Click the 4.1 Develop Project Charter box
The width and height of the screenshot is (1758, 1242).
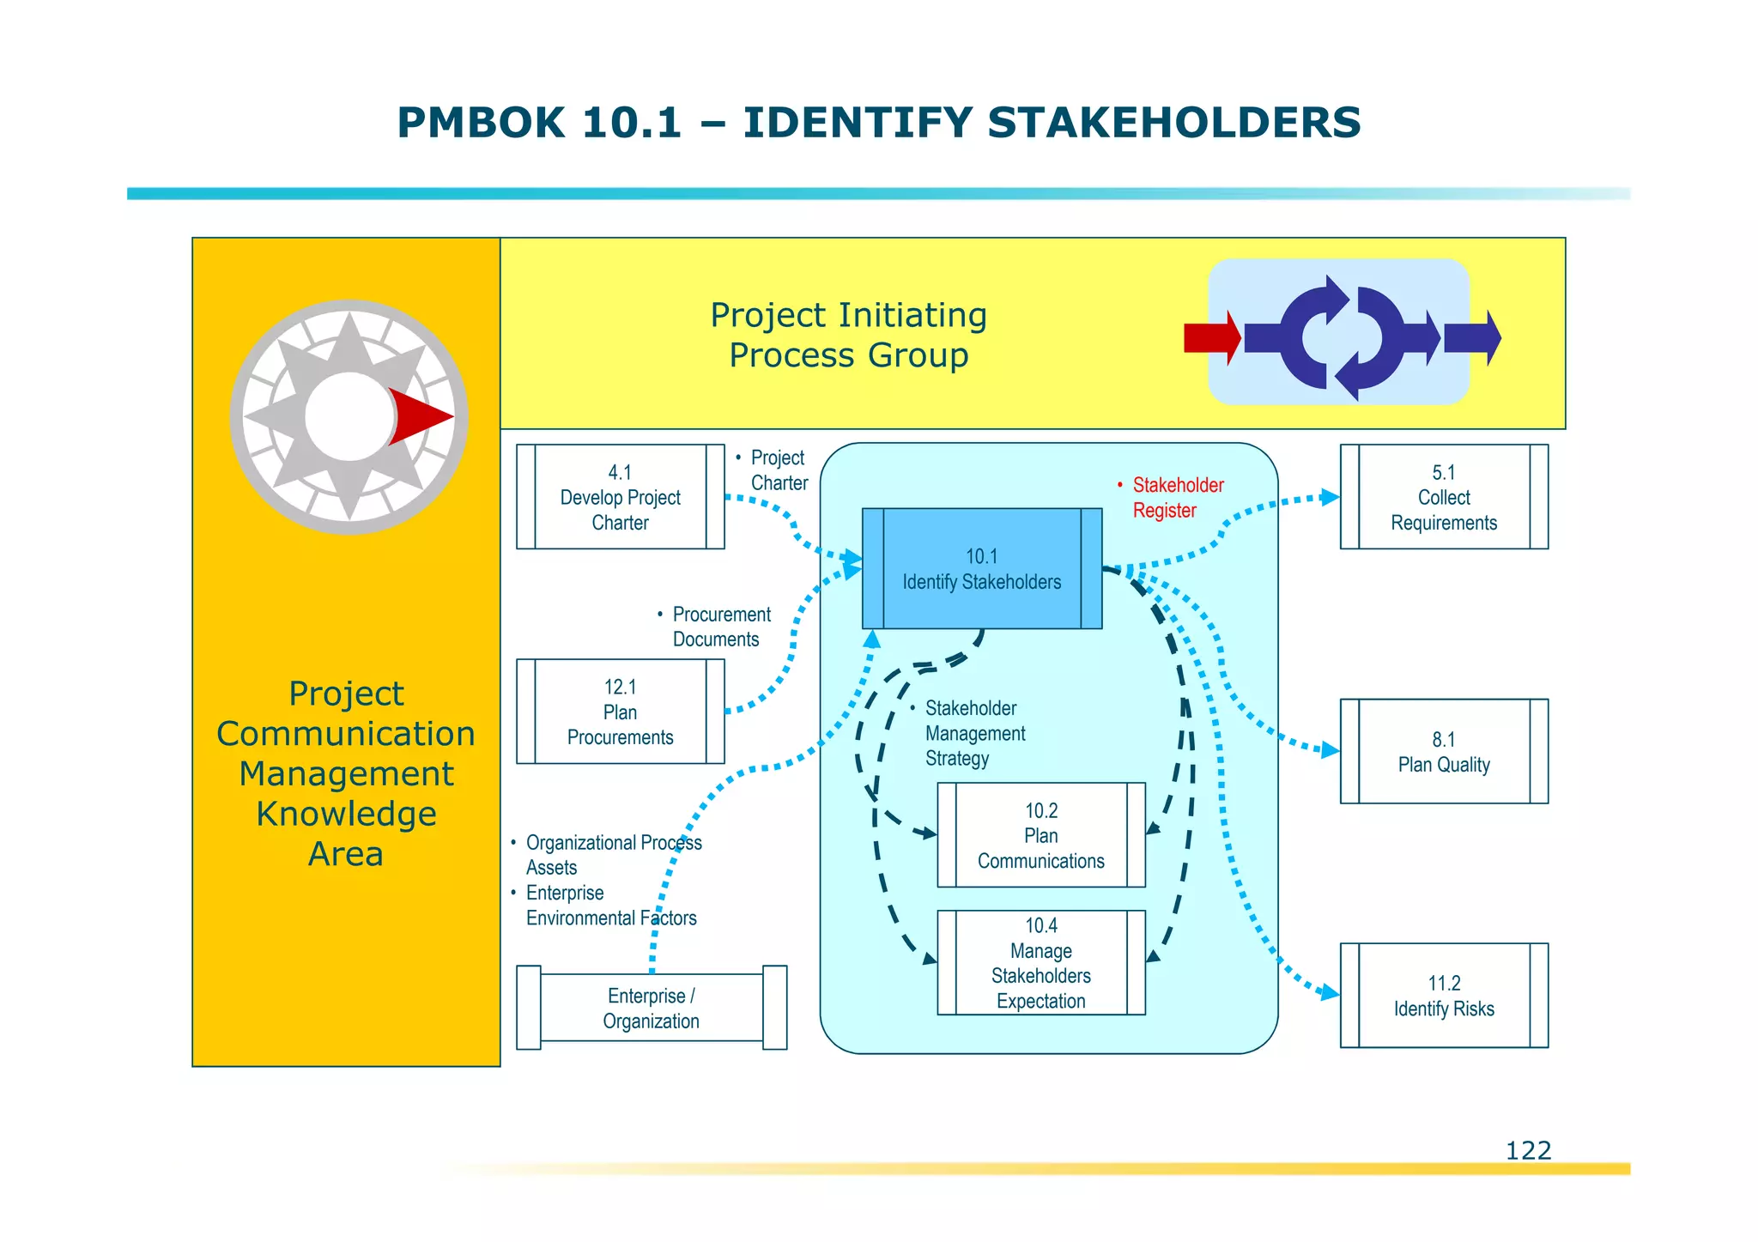[x=620, y=497]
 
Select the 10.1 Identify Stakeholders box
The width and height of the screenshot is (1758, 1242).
[x=981, y=569]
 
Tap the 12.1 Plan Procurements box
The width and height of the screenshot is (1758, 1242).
[x=620, y=712]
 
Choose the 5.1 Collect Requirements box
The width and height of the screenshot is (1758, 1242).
[x=1444, y=497]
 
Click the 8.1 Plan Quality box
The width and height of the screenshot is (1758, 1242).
[x=1444, y=752]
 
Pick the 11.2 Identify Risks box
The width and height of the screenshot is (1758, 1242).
[x=1444, y=996]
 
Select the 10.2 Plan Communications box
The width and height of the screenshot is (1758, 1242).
[x=1040, y=835]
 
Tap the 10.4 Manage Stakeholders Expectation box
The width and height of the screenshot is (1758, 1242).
[x=1040, y=963]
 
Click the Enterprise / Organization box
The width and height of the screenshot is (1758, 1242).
[x=651, y=1008]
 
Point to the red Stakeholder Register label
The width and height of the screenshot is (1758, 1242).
[x=1176, y=498]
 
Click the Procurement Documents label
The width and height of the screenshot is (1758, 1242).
[x=719, y=627]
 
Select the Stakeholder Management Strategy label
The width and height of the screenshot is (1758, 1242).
[x=973, y=733]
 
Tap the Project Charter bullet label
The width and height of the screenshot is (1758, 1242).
[x=778, y=470]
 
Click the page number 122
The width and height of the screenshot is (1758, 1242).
[x=1528, y=1150]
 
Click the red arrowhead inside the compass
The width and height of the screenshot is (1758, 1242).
[x=418, y=417]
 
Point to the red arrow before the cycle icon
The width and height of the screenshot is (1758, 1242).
[x=1211, y=338]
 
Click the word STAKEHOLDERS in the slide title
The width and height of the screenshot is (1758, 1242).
[x=1173, y=123]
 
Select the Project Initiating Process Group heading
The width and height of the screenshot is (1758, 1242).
[x=848, y=335]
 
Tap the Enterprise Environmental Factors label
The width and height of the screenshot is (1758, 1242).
[x=609, y=906]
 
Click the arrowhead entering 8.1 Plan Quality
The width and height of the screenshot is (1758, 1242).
[x=1330, y=750]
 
